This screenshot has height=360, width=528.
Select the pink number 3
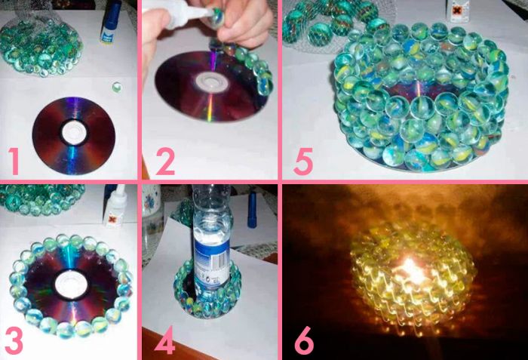tap(14, 340)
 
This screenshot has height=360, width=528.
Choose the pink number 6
tap(305, 340)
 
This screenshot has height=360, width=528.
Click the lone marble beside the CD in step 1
tap(117, 88)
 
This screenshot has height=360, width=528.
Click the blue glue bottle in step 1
tap(110, 22)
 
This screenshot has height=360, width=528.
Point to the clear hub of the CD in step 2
tap(211, 82)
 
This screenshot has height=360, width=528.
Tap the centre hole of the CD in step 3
tap(71, 284)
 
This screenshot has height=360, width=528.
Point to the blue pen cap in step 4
tap(252, 209)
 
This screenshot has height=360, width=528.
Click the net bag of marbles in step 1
tap(41, 45)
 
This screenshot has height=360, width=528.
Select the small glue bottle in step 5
tap(458, 11)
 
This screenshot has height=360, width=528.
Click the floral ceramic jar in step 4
tap(152, 223)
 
